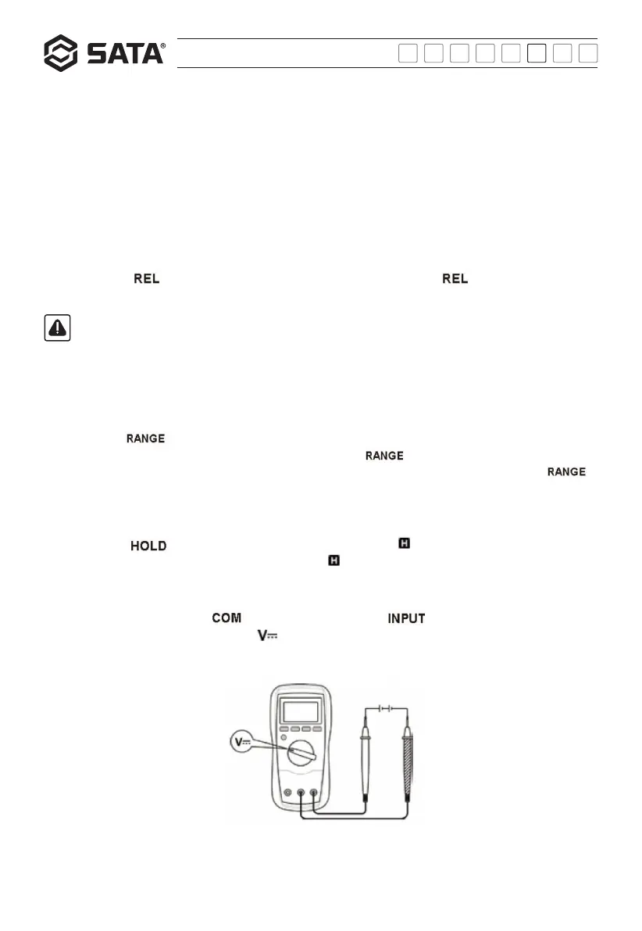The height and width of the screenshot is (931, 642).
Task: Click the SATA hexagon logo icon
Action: (x=60, y=53)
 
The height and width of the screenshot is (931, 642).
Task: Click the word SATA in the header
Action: (x=125, y=54)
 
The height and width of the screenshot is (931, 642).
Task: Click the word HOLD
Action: (x=148, y=546)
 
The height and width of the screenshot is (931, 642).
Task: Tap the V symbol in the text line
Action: (x=269, y=638)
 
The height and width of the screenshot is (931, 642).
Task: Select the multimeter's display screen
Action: (x=301, y=711)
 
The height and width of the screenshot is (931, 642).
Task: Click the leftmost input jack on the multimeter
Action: (x=288, y=793)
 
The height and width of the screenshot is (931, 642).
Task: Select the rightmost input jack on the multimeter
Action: (x=313, y=793)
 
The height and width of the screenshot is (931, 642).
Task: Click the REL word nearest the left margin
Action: (x=146, y=279)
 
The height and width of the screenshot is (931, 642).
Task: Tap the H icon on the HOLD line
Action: (x=404, y=542)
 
